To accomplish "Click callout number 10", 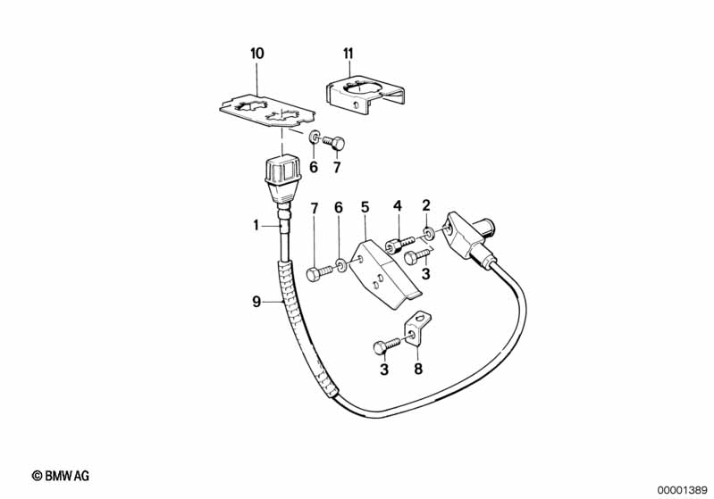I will [257, 54].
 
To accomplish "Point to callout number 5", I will [365, 208].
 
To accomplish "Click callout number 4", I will [397, 208].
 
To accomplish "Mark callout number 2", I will [426, 207].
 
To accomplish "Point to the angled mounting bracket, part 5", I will [384, 272].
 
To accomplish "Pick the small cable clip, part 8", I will [417, 329].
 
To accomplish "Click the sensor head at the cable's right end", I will [469, 234].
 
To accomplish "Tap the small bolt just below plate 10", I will [334, 140].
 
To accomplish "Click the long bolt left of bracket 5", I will [318, 274].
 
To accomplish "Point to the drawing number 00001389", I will [681, 488].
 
